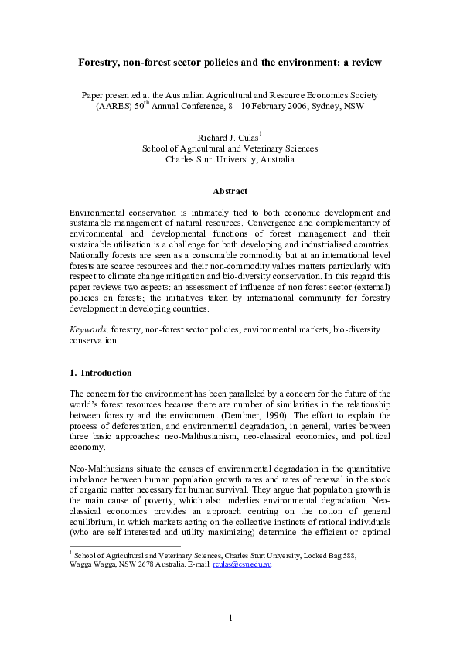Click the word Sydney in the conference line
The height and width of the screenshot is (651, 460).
(x=333, y=109)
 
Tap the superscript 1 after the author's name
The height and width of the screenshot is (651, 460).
(x=261, y=135)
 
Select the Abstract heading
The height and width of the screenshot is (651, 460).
(x=230, y=191)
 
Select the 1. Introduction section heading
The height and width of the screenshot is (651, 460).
(x=101, y=373)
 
